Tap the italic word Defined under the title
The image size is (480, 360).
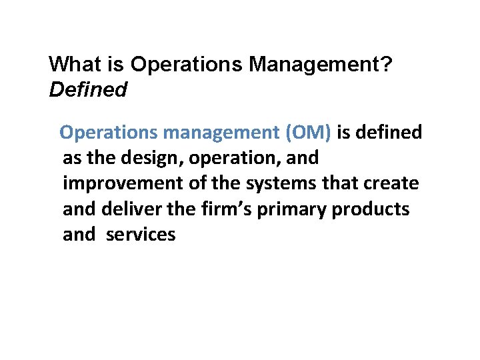click(88, 89)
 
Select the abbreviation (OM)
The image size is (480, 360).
click(307, 133)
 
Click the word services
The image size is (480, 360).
click(141, 234)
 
